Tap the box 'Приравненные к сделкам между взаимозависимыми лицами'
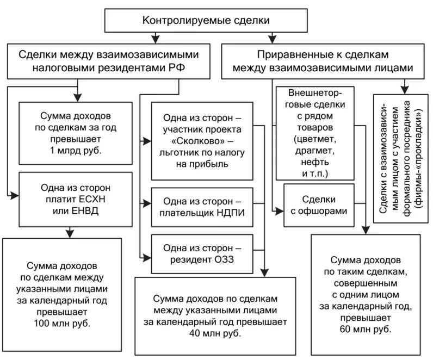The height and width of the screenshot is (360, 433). click(319, 61)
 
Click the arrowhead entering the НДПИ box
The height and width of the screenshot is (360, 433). click(147, 204)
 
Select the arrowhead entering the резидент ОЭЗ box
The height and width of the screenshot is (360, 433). click(147, 256)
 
